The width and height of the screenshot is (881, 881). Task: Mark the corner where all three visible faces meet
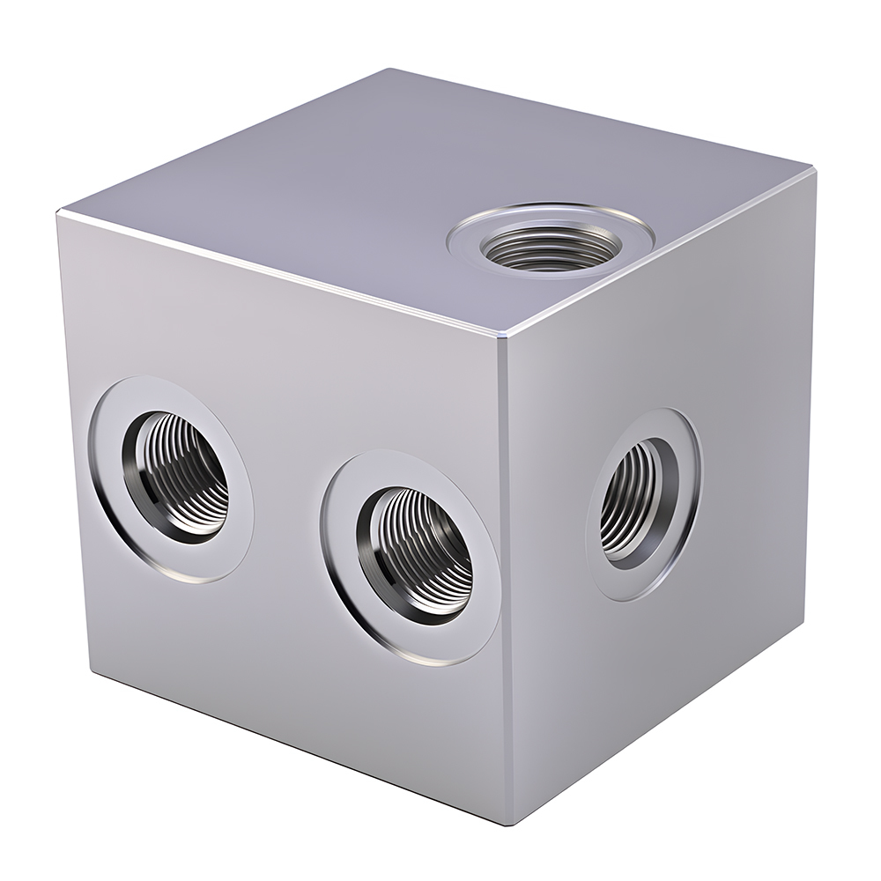[503, 338]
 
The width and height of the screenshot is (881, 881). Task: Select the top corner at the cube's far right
[812, 169]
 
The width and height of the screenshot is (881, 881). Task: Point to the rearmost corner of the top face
[389, 70]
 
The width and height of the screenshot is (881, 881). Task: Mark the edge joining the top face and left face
[282, 276]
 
